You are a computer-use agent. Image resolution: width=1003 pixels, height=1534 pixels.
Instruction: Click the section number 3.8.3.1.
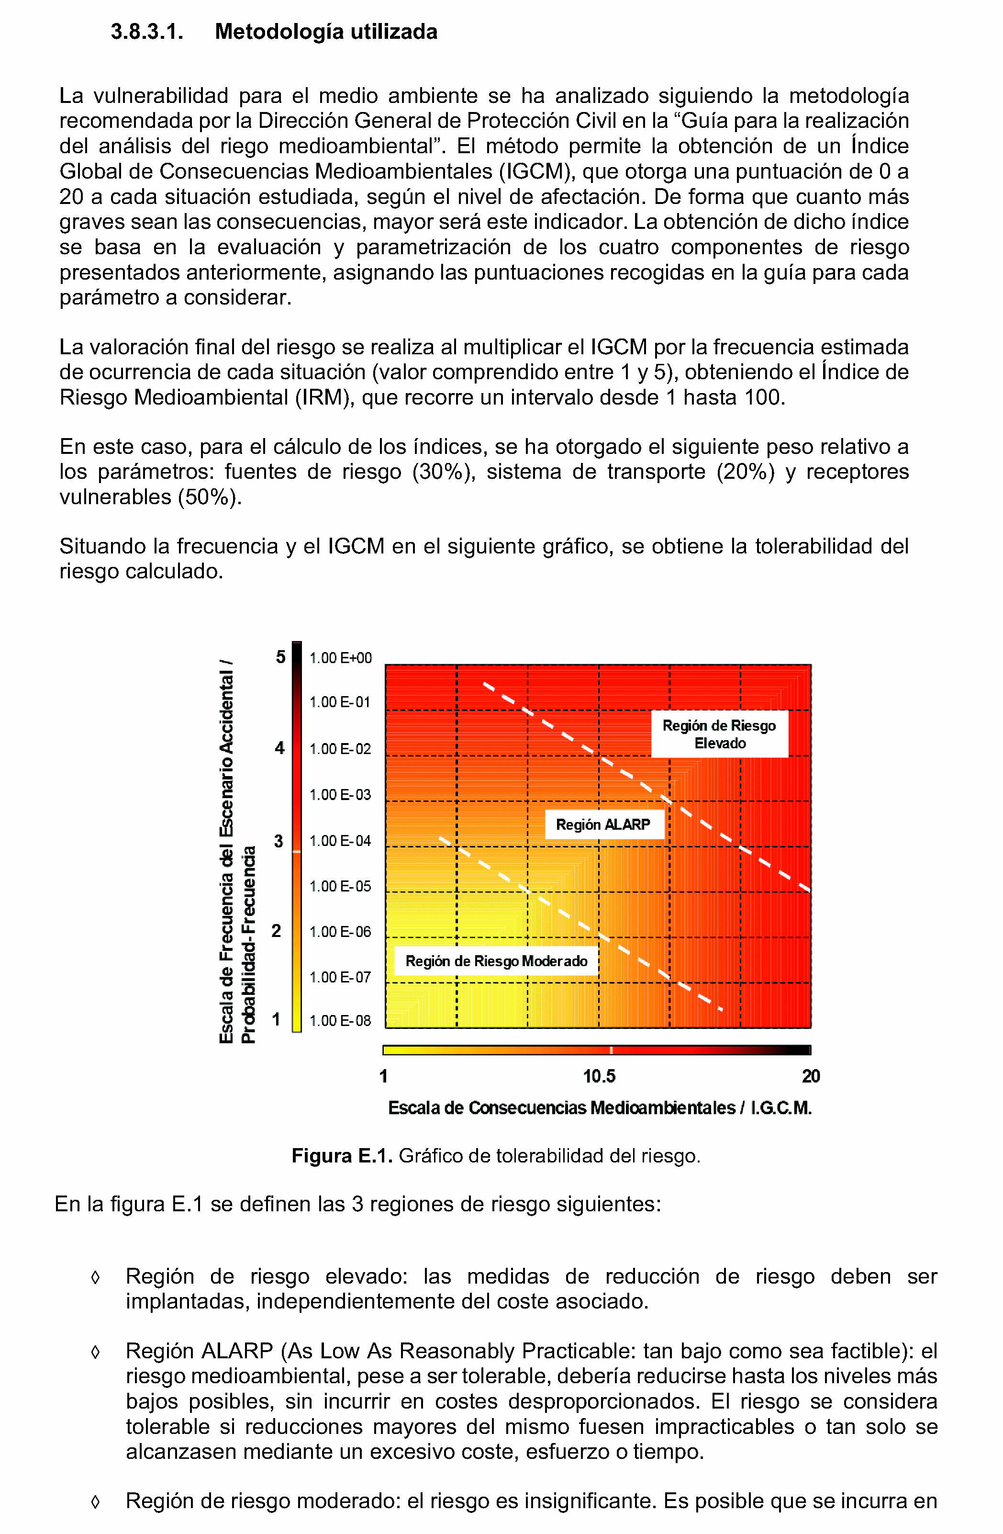pos(146,32)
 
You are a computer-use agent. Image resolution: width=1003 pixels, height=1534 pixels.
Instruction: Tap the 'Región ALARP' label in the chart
pos(603,824)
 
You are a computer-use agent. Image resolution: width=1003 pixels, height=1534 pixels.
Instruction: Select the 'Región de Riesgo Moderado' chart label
pos(496,961)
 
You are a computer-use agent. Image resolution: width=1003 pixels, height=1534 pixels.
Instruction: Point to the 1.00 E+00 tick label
pos(340,658)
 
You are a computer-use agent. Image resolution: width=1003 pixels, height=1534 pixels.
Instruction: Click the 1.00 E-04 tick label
pos(340,840)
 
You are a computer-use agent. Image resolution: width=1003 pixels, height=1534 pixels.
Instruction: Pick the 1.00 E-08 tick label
pos(340,1021)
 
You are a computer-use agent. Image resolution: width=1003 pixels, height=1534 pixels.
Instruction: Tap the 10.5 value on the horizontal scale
pos(599,1076)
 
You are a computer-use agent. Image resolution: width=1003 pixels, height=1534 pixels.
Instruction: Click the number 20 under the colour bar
pos(810,1076)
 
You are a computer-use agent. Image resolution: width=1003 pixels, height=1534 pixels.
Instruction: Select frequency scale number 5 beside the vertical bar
pos(280,657)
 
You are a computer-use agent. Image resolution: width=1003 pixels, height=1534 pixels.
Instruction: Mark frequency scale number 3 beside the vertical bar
pos(279,841)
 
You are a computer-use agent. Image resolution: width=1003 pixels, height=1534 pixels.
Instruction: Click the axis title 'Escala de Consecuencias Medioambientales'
pos(562,1108)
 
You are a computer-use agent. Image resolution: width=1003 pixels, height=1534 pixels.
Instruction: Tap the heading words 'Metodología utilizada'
pos(326,32)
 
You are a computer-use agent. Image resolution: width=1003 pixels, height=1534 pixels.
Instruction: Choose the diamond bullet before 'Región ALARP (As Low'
pos(95,1351)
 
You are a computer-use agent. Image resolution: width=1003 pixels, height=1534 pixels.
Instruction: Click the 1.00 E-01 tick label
pos(340,702)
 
